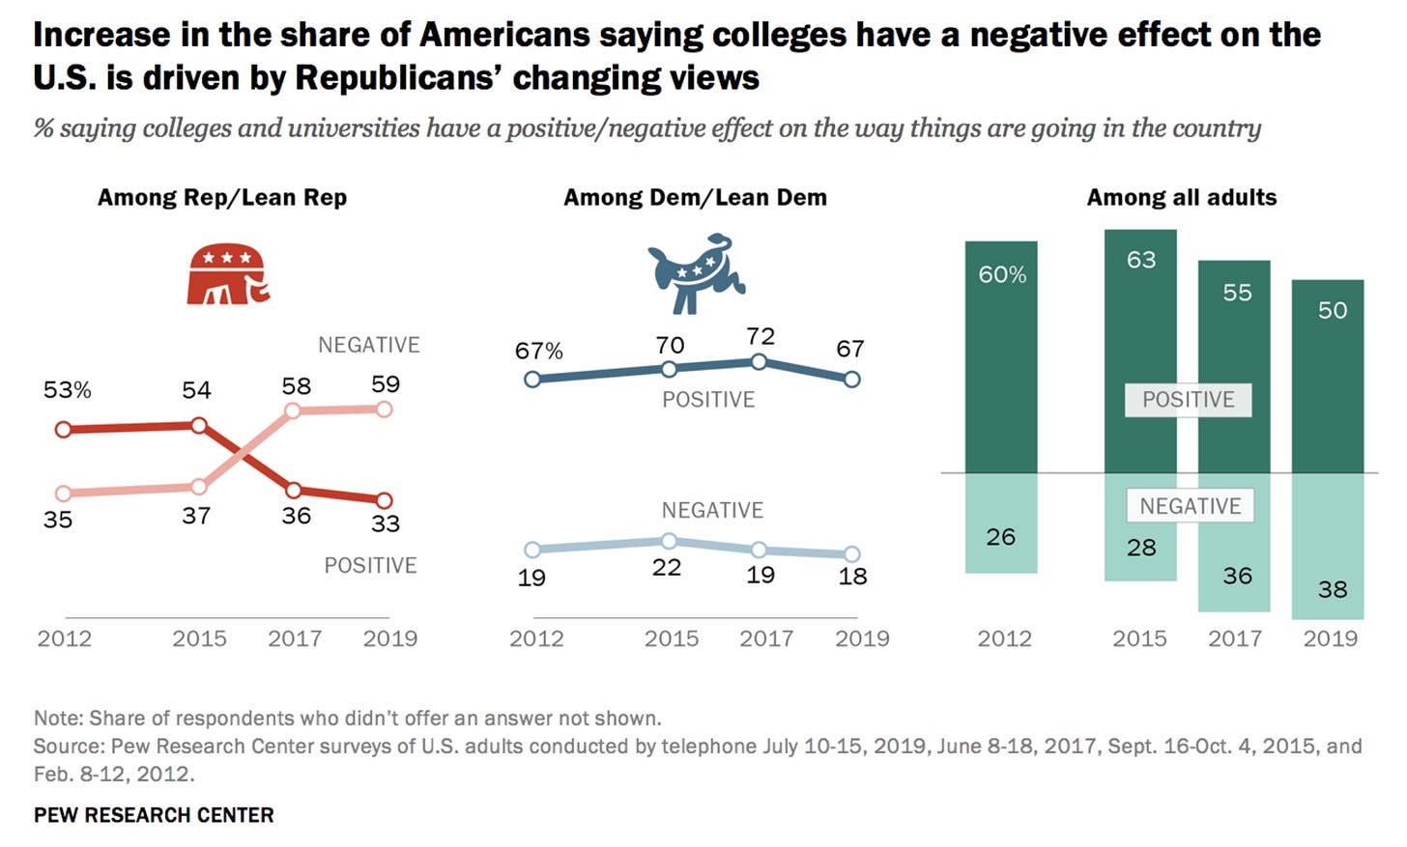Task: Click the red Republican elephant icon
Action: click(x=228, y=274)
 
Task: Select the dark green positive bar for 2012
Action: click(x=1001, y=357)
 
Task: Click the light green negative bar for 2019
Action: click(x=1328, y=546)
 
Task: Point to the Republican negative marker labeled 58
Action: click(x=294, y=411)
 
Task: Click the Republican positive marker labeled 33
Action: click(x=384, y=500)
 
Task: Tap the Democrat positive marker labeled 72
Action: click(x=759, y=361)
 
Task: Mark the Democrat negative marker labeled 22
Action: click(x=668, y=541)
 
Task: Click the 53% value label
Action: click(x=68, y=390)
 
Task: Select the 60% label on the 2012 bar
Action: click(x=1002, y=275)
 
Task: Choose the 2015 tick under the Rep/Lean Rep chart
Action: click(x=199, y=638)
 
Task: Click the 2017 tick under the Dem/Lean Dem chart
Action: click(x=766, y=638)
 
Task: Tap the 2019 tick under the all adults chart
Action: click(x=1330, y=638)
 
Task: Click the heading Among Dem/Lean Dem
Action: click(x=695, y=198)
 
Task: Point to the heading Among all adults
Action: click(x=1181, y=198)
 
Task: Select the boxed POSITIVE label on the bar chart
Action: click(x=1188, y=400)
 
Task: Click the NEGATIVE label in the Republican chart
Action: click(x=368, y=345)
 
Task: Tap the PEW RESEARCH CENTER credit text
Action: click(x=154, y=815)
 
